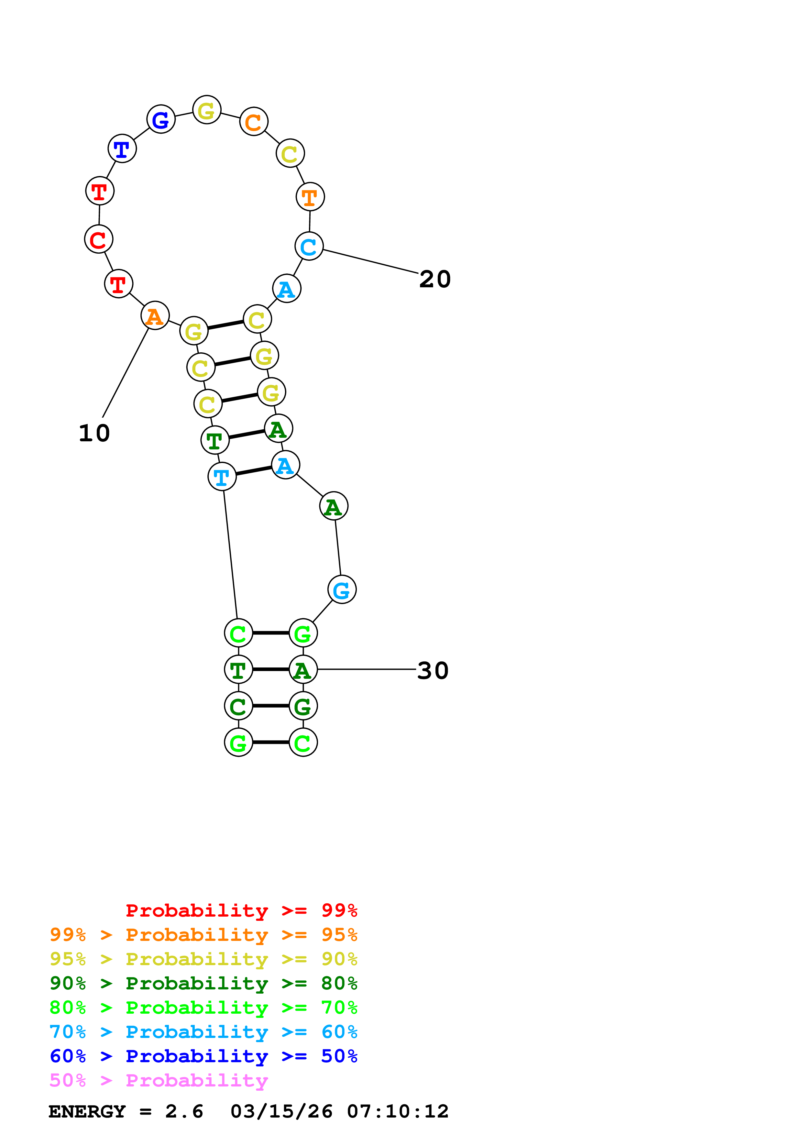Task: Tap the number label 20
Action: click(435, 279)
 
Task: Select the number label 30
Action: click(433, 671)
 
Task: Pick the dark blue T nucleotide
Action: click(122, 148)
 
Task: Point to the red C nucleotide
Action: click(99, 239)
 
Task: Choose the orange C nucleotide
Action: click(254, 122)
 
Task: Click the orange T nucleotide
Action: click(310, 197)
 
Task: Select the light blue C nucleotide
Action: click(309, 246)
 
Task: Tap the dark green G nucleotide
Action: click(303, 706)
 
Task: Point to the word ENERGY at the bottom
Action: click(87, 1111)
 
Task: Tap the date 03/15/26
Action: click(281, 1111)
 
